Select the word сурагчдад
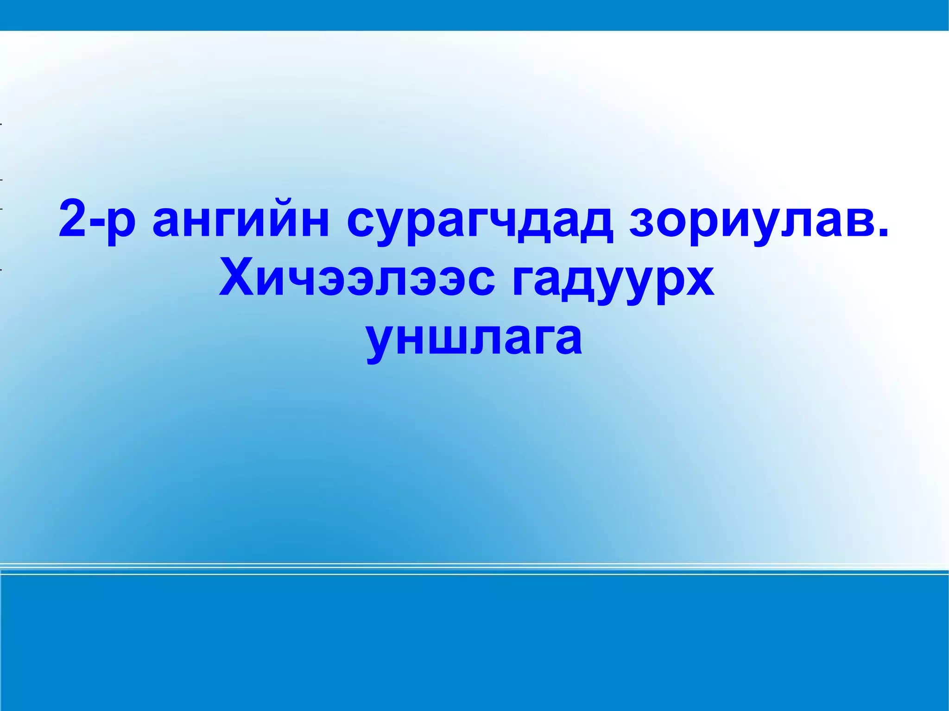point(479,222)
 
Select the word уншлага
point(474,340)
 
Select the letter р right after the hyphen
point(121,225)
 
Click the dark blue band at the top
point(474,15)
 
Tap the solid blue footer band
point(474,644)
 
